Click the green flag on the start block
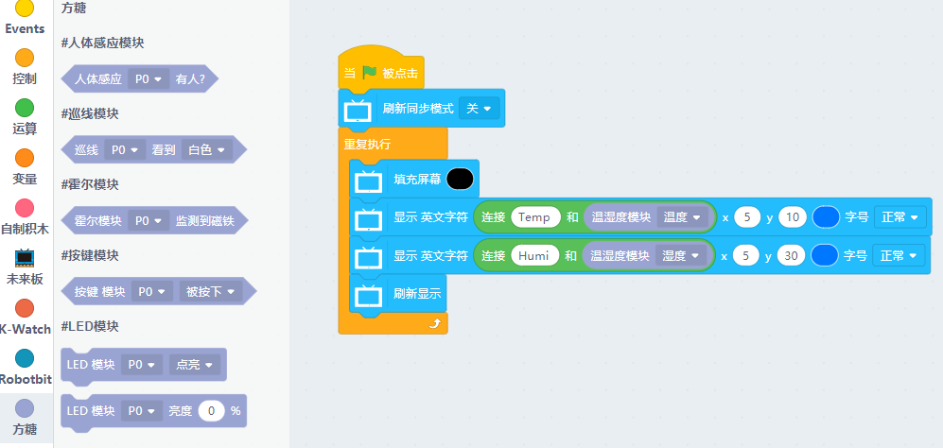pyautogui.click(x=369, y=73)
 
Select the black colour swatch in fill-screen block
pyautogui.click(x=460, y=179)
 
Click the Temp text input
pyautogui.click(x=534, y=217)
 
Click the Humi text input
pyautogui.click(x=534, y=255)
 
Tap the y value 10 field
pyautogui.click(x=793, y=217)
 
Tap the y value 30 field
pyautogui.click(x=793, y=255)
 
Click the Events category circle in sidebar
pyautogui.click(x=25, y=9)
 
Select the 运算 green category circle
pyautogui.click(x=25, y=108)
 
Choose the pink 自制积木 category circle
pyautogui.click(x=25, y=208)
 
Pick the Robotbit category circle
pyautogui.click(x=25, y=358)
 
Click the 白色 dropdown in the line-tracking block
pyautogui.click(x=206, y=149)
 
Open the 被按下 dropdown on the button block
pyautogui.click(x=210, y=292)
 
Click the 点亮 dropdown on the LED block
pyautogui.click(x=194, y=364)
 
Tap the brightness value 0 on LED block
pyautogui.click(x=211, y=411)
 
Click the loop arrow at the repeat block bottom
pyautogui.click(x=435, y=323)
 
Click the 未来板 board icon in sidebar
pyautogui.click(x=25, y=258)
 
